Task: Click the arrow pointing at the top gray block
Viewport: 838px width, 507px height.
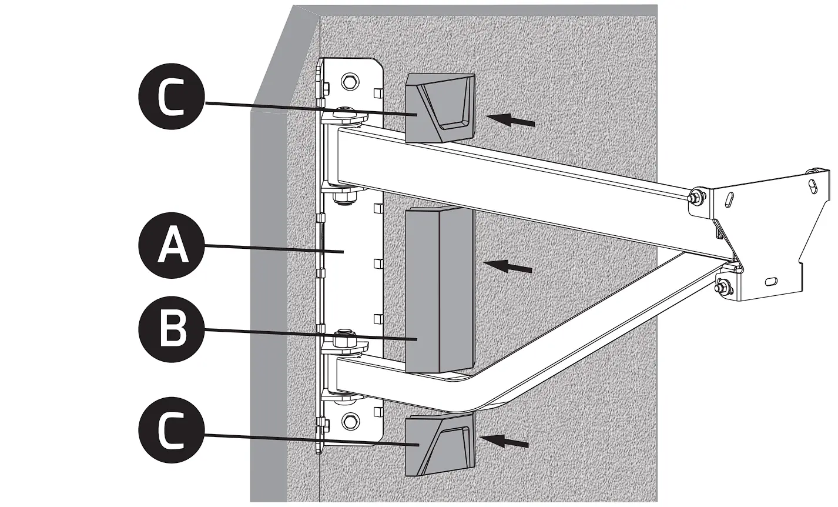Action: click(x=511, y=121)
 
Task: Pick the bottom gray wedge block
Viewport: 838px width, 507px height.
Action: click(x=439, y=444)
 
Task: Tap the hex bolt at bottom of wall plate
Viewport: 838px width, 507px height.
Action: click(x=351, y=421)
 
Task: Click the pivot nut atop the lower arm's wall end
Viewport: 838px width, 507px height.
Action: click(x=340, y=341)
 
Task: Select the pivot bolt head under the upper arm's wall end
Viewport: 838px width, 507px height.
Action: click(x=343, y=195)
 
